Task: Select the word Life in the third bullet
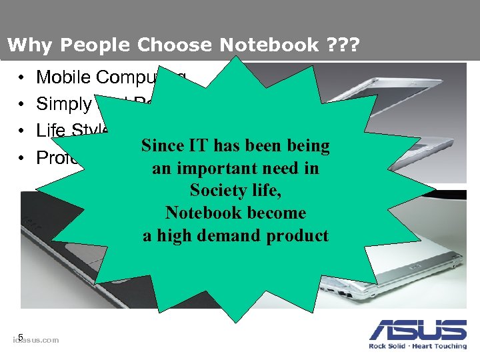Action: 49,130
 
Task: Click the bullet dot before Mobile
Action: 23,78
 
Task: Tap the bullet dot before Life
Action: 23,131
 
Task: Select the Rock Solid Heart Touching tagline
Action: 418,346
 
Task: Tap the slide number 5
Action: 21,337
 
